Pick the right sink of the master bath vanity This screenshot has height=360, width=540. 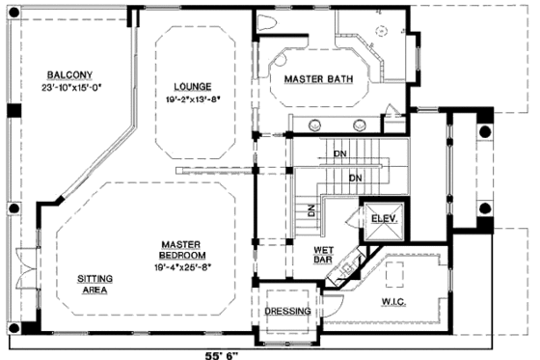point(360,123)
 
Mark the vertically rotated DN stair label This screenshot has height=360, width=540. point(311,209)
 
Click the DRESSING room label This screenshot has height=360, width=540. point(287,312)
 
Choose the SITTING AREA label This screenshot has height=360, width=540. point(94,285)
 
